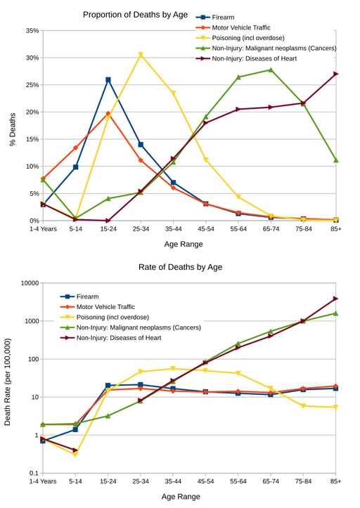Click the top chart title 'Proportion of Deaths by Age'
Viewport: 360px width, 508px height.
pos(130,15)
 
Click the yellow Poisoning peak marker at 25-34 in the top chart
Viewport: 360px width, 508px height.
pos(141,55)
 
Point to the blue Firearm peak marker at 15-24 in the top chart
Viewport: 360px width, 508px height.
pos(108,80)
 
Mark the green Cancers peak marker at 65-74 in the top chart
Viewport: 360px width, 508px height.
pos(271,70)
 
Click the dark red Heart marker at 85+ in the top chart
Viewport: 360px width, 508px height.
pos(336,74)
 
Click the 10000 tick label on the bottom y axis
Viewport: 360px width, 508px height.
pos(29,283)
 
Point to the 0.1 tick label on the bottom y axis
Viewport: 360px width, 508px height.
pos(33,474)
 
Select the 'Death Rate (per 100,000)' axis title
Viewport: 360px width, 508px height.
pos(8,382)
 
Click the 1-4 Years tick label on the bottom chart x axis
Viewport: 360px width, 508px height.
pos(43,481)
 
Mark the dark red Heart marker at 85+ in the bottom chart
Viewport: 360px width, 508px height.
pos(336,299)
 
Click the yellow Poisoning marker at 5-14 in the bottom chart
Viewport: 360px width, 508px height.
pos(75,455)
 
